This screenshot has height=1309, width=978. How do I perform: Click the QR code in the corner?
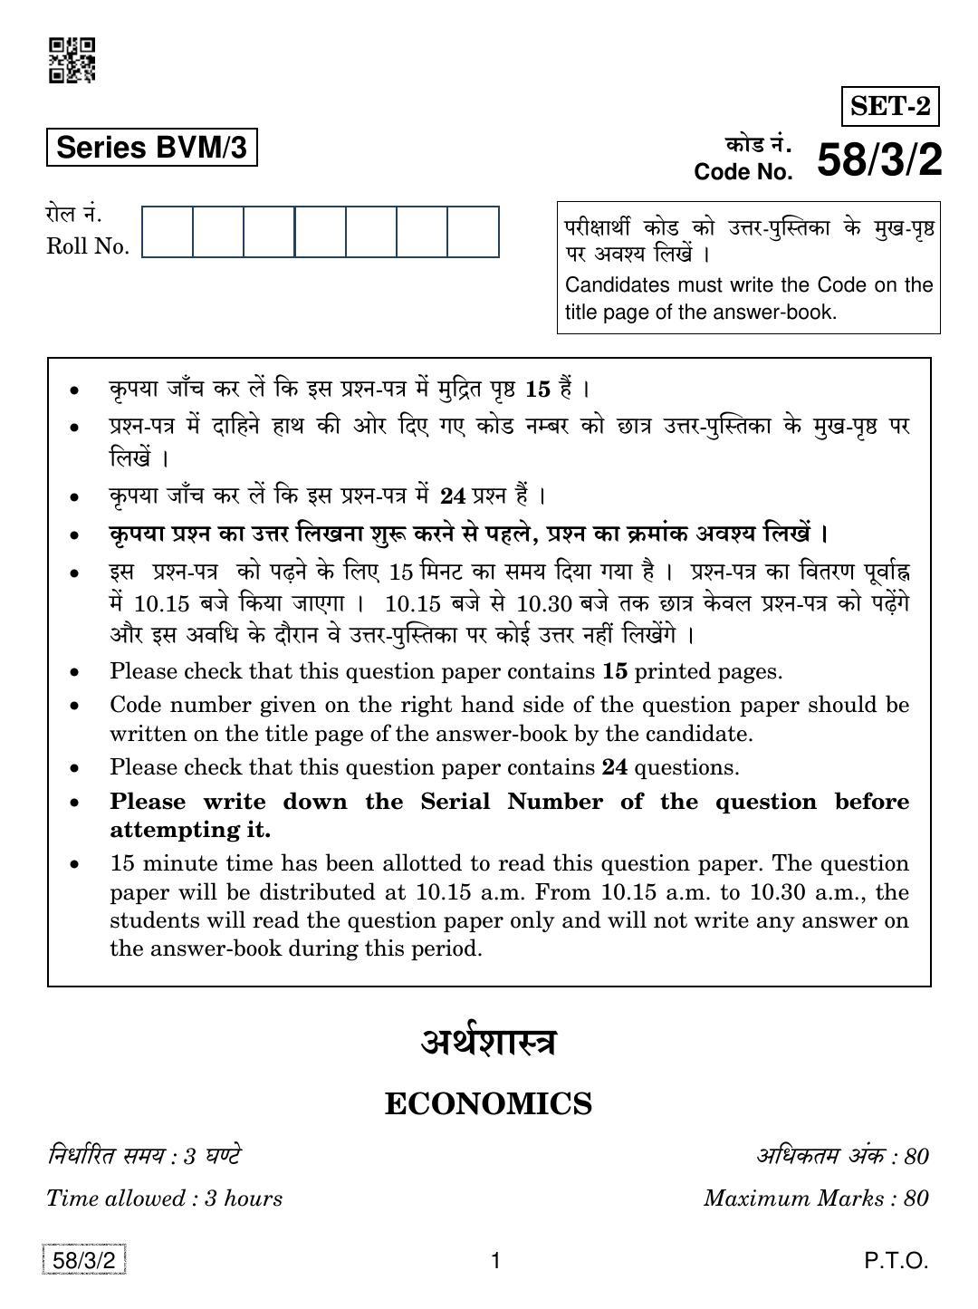(72, 60)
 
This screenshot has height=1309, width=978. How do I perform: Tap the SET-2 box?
(890, 107)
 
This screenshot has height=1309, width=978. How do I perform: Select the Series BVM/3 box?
(151, 148)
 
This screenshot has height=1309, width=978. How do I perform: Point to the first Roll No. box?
(168, 232)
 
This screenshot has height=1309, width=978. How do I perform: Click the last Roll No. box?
(473, 232)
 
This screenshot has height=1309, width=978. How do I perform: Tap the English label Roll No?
(88, 246)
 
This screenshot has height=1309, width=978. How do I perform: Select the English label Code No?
(743, 172)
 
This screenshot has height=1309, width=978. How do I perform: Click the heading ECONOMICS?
(488, 1104)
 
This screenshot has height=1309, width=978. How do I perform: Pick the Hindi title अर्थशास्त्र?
(488, 1043)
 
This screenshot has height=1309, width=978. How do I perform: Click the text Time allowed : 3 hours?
(164, 1198)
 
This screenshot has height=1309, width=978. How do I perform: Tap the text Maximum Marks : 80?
(816, 1198)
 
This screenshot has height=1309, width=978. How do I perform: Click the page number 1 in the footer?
(494, 1260)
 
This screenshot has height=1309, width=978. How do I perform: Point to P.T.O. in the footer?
(896, 1260)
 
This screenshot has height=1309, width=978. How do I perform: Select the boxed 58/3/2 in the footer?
(83, 1260)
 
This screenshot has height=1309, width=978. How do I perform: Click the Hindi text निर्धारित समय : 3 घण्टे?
(144, 1156)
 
